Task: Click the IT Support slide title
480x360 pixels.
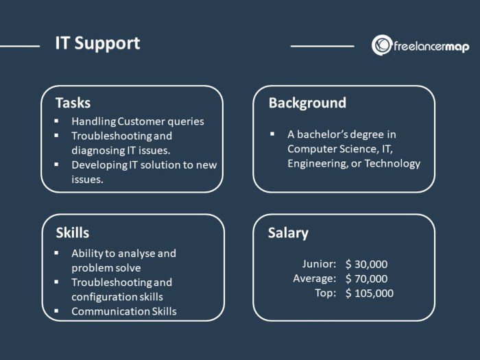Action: [97, 43]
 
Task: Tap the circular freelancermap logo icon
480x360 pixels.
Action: [381, 45]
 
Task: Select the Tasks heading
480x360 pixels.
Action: [73, 103]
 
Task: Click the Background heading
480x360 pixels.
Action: [307, 103]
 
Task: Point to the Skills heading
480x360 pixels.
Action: [72, 232]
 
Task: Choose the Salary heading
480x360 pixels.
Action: [288, 232]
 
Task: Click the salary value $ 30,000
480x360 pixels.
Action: [367, 264]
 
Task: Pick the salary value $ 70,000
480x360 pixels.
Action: [367, 278]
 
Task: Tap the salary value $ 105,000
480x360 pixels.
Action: [370, 293]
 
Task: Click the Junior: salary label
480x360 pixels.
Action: [319, 264]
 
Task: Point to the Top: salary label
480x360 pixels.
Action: [326, 293]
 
